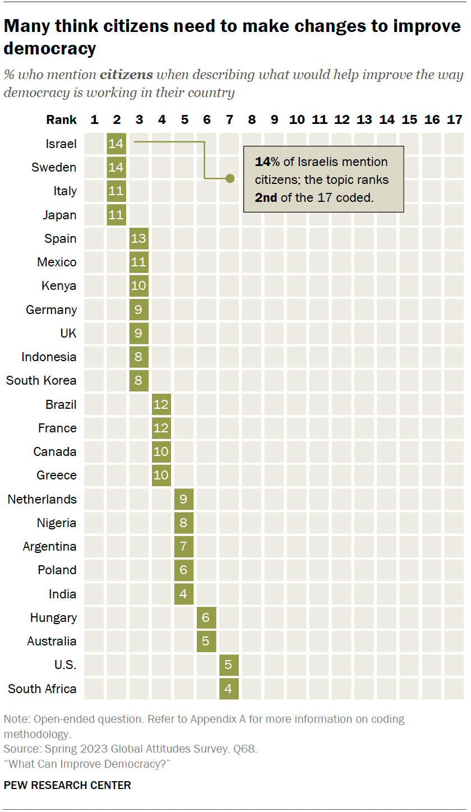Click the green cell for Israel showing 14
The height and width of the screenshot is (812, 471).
116,144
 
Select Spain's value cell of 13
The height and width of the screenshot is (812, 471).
138,238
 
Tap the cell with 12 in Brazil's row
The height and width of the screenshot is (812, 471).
161,404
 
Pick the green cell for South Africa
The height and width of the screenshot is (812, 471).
229,689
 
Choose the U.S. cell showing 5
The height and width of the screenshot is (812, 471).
229,665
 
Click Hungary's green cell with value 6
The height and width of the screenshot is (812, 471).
206,617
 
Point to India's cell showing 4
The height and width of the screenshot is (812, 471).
183,594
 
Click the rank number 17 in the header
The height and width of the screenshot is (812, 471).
454,119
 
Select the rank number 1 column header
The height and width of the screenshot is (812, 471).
94,119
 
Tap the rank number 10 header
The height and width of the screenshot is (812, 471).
297,119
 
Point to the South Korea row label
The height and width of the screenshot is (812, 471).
41,380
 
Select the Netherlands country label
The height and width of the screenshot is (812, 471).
42,499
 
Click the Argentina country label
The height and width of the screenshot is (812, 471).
50,546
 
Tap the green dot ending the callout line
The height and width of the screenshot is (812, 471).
229,178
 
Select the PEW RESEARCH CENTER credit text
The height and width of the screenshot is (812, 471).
67,786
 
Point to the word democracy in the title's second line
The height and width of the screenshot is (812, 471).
50,48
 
